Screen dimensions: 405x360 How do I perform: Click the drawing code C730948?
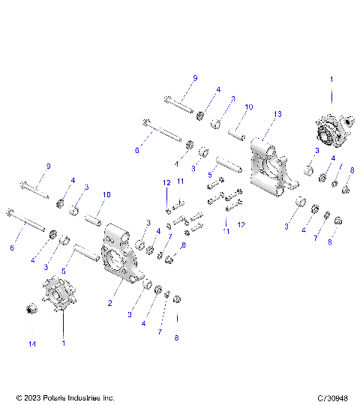[x=338, y=397]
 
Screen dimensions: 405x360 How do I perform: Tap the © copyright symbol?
[x=10, y=397]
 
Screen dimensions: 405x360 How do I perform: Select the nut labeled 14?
[x=32, y=307]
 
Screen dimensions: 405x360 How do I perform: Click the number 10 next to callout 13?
[x=249, y=107]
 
